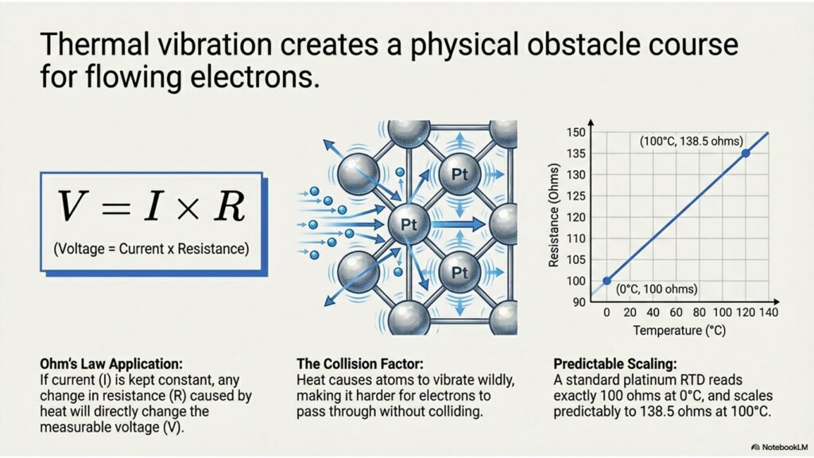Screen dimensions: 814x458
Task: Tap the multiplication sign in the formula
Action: [x=187, y=208]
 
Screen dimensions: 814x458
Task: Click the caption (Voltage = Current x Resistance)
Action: [x=151, y=249]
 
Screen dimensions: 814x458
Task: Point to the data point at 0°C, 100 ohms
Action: [x=607, y=281]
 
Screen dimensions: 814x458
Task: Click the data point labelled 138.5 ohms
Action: [x=746, y=153]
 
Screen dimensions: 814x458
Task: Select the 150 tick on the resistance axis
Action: [x=576, y=133]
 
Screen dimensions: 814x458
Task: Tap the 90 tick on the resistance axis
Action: [x=579, y=302]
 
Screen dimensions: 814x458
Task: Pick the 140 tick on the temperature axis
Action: [x=769, y=312]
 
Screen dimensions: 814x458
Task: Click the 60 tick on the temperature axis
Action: [x=676, y=312]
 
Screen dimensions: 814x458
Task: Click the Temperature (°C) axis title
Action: [x=680, y=330]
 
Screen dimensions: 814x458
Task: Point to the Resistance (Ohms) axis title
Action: [x=554, y=215]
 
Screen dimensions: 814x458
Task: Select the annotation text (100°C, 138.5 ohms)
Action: [x=692, y=141]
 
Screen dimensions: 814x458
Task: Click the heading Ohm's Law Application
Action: [x=111, y=363]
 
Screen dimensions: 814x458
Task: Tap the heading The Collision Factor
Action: [x=360, y=363]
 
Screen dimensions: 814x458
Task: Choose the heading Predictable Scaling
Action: [x=615, y=363]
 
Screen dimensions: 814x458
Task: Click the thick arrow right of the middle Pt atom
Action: [x=457, y=224]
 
